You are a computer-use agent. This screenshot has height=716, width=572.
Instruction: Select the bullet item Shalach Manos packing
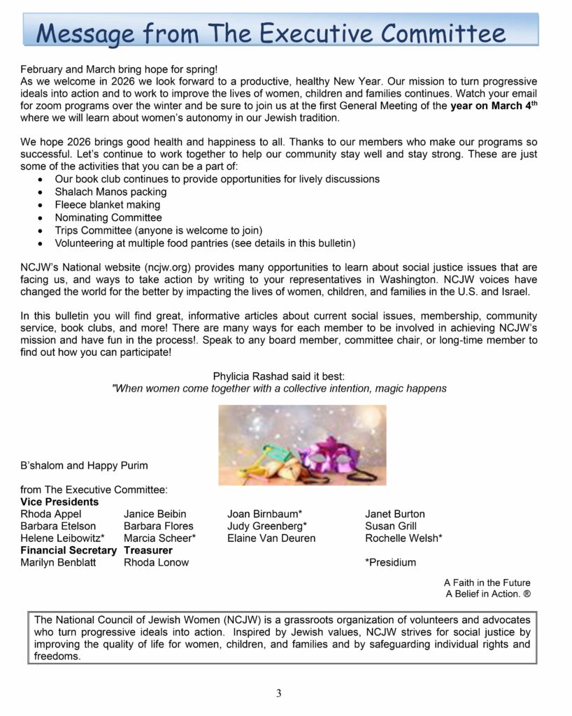pyautogui.click(x=110, y=192)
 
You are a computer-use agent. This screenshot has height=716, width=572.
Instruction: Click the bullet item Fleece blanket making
pyautogui.click(x=107, y=205)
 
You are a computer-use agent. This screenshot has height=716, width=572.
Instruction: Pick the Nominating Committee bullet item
pyautogui.click(x=108, y=217)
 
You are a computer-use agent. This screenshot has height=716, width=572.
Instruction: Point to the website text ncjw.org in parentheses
pyautogui.click(x=164, y=268)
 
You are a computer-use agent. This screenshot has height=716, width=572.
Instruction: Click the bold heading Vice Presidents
pyautogui.click(x=59, y=501)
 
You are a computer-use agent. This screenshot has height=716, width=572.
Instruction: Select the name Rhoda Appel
pyautogui.click(x=51, y=514)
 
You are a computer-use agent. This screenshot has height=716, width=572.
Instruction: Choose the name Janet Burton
pyautogui.click(x=394, y=514)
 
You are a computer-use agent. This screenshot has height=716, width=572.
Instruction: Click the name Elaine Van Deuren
pyautogui.click(x=271, y=538)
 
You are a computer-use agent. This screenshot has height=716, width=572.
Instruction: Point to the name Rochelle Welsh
pyautogui.click(x=403, y=538)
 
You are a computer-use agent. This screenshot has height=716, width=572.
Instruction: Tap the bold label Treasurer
pyautogui.click(x=148, y=550)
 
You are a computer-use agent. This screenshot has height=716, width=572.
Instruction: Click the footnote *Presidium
pyautogui.click(x=390, y=562)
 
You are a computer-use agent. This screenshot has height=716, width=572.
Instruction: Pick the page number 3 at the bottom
pyautogui.click(x=278, y=693)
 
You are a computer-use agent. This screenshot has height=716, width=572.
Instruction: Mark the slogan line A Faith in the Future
pyautogui.click(x=487, y=582)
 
